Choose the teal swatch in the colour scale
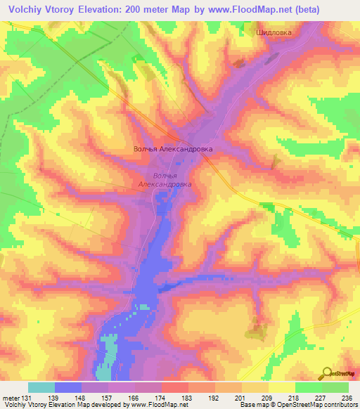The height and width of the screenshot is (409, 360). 41,387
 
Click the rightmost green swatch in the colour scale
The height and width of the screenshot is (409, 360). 335,387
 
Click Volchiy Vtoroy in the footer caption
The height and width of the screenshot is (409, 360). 25,405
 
